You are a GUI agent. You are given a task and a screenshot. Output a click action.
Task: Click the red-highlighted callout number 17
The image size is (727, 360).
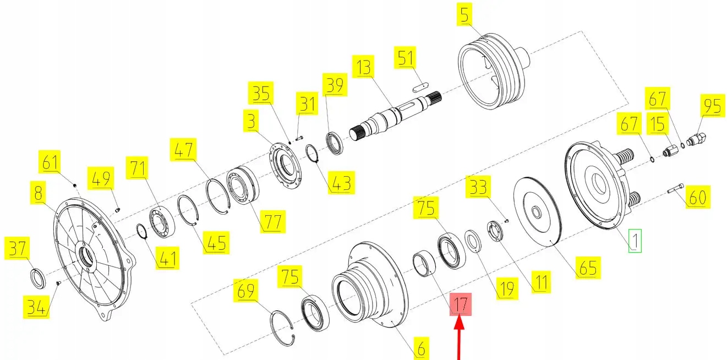(x=461, y=303)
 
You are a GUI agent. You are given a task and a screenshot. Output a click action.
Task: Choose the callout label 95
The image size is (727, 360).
(x=711, y=106)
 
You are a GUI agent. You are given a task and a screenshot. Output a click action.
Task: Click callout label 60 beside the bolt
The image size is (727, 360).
(x=697, y=196)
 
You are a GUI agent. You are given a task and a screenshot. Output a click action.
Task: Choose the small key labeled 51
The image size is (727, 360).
(x=422, y=85)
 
